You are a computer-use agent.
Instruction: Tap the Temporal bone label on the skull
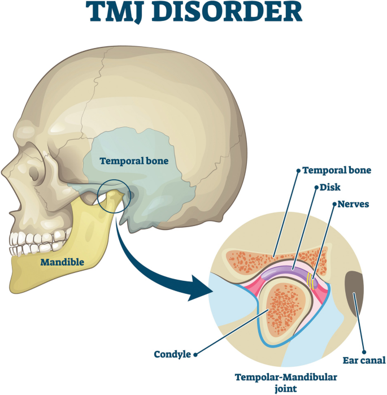tap(134, 161)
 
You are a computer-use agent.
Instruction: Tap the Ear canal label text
tap(364, 361)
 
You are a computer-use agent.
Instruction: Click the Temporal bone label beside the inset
tap(337, 170)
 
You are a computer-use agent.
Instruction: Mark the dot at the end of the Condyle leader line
tap(196, 355)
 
